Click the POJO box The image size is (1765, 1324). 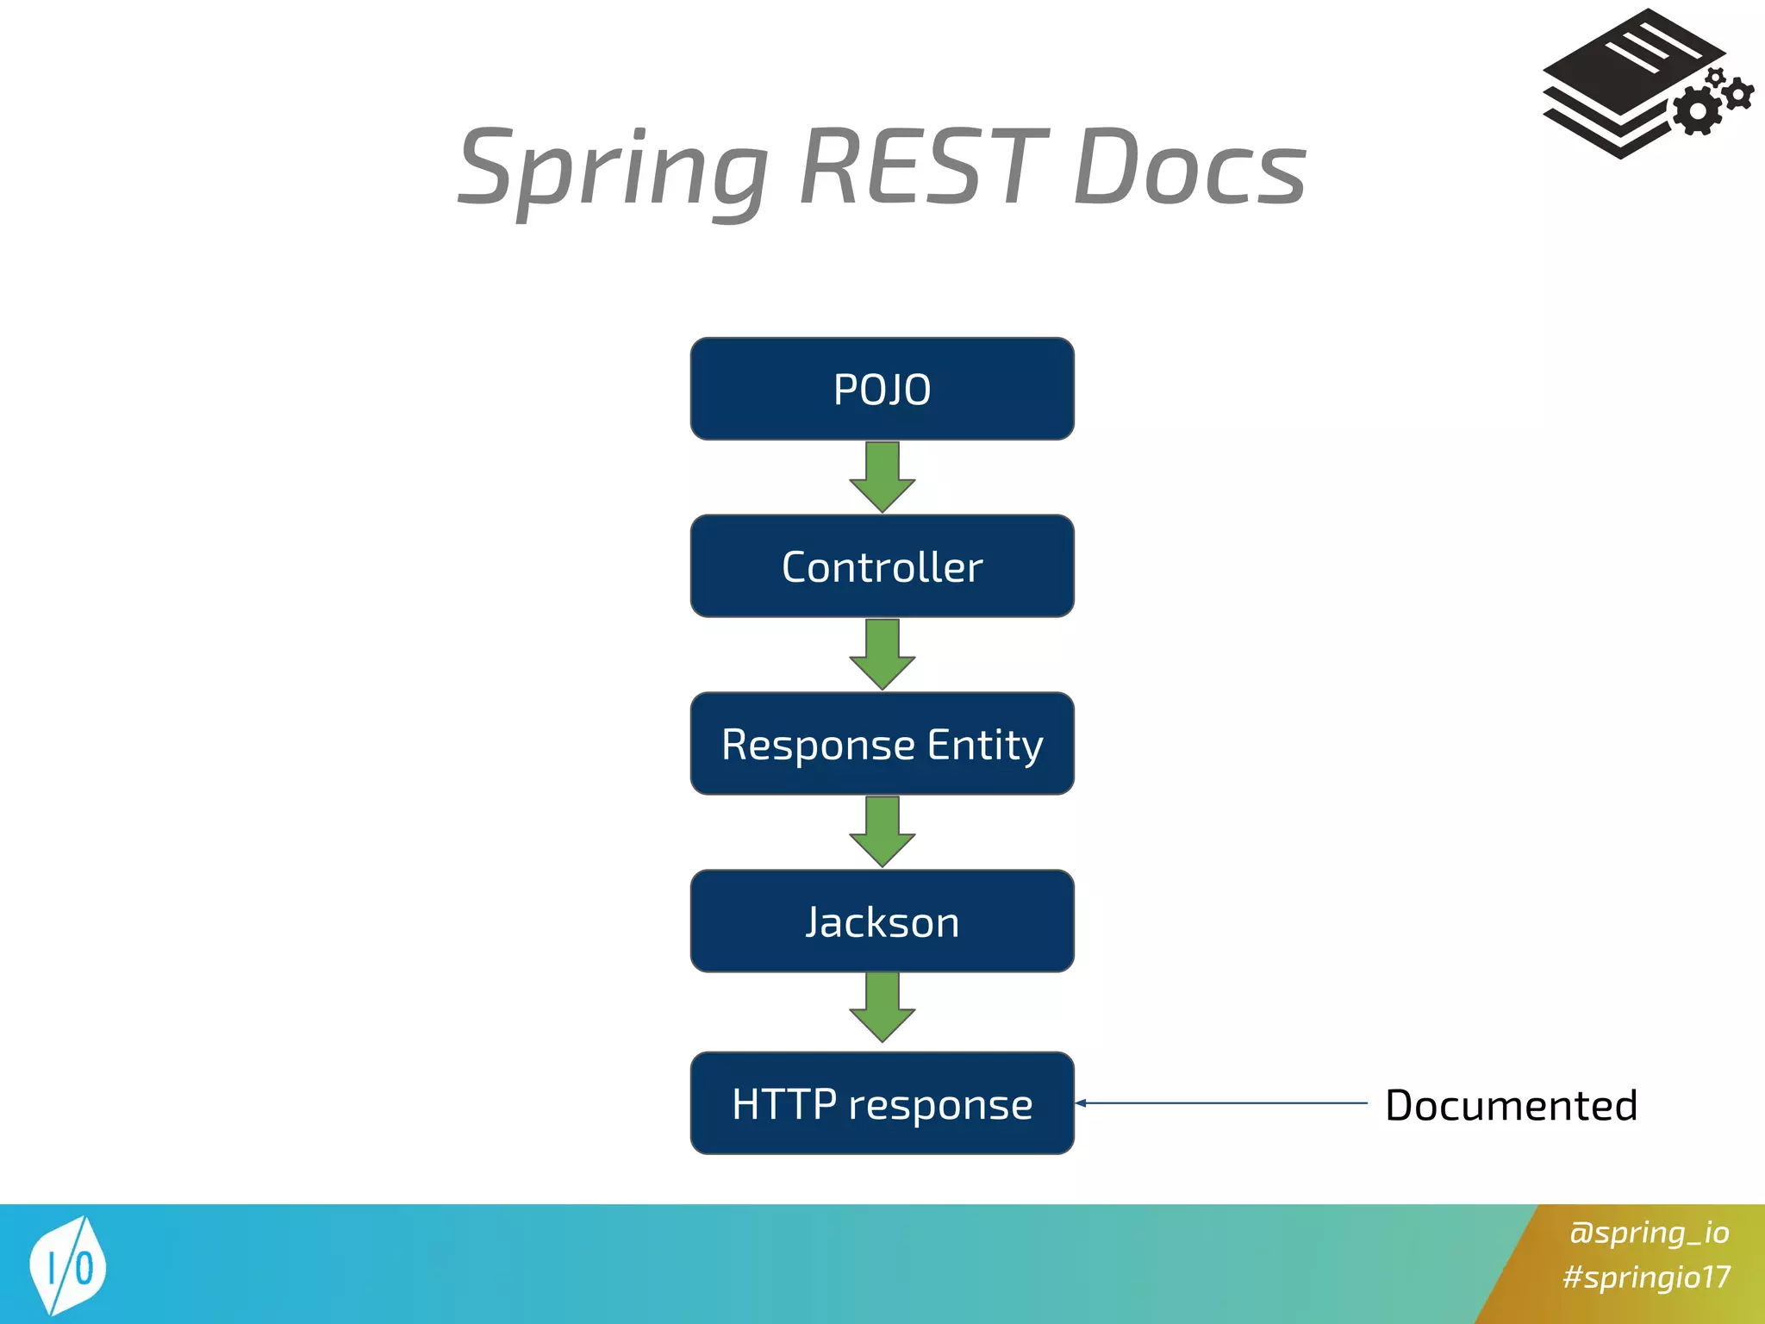tap(882, 389)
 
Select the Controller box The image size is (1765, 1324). tap(882, 566)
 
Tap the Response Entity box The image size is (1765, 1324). tap(882, 743)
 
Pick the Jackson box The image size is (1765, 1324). tap(882, 921)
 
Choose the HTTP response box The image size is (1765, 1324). tap(882, 1103)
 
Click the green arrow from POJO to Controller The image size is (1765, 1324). tap(882, 477)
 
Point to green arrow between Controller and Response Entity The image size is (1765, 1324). tap(882, 654)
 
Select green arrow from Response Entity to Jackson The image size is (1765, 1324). tap(882, 832)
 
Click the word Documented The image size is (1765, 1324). tap(1511, 1105)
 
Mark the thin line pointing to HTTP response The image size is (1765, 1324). tap(1224, 1102)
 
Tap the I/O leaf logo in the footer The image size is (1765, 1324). tap(68, 1265)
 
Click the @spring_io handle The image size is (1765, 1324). tap(1649, 1232)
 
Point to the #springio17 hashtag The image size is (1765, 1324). tap(1646, 1277)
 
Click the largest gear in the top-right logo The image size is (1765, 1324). tap(1697, 110)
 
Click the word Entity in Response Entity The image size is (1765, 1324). tap(985, 745)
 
